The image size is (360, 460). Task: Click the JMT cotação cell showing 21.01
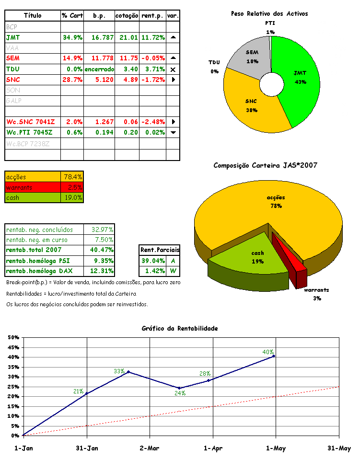(x=127, y=37)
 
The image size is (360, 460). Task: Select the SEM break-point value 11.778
(x=99, y=58)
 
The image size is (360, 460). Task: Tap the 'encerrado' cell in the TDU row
(x=99, y=69)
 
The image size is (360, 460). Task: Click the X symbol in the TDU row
(x=173, y=69)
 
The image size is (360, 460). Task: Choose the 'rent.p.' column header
(x=153, y=16)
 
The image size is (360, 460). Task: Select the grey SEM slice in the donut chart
(x=252, y=57)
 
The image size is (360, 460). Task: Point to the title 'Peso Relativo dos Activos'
(x=269, y=14)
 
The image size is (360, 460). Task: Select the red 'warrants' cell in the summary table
(x=32, y=187)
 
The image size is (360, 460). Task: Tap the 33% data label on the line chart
(x=119, y=371)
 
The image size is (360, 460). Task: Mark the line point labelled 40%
(x=274, y=356)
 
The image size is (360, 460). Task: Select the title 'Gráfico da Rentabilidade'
(x=180, y=328)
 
